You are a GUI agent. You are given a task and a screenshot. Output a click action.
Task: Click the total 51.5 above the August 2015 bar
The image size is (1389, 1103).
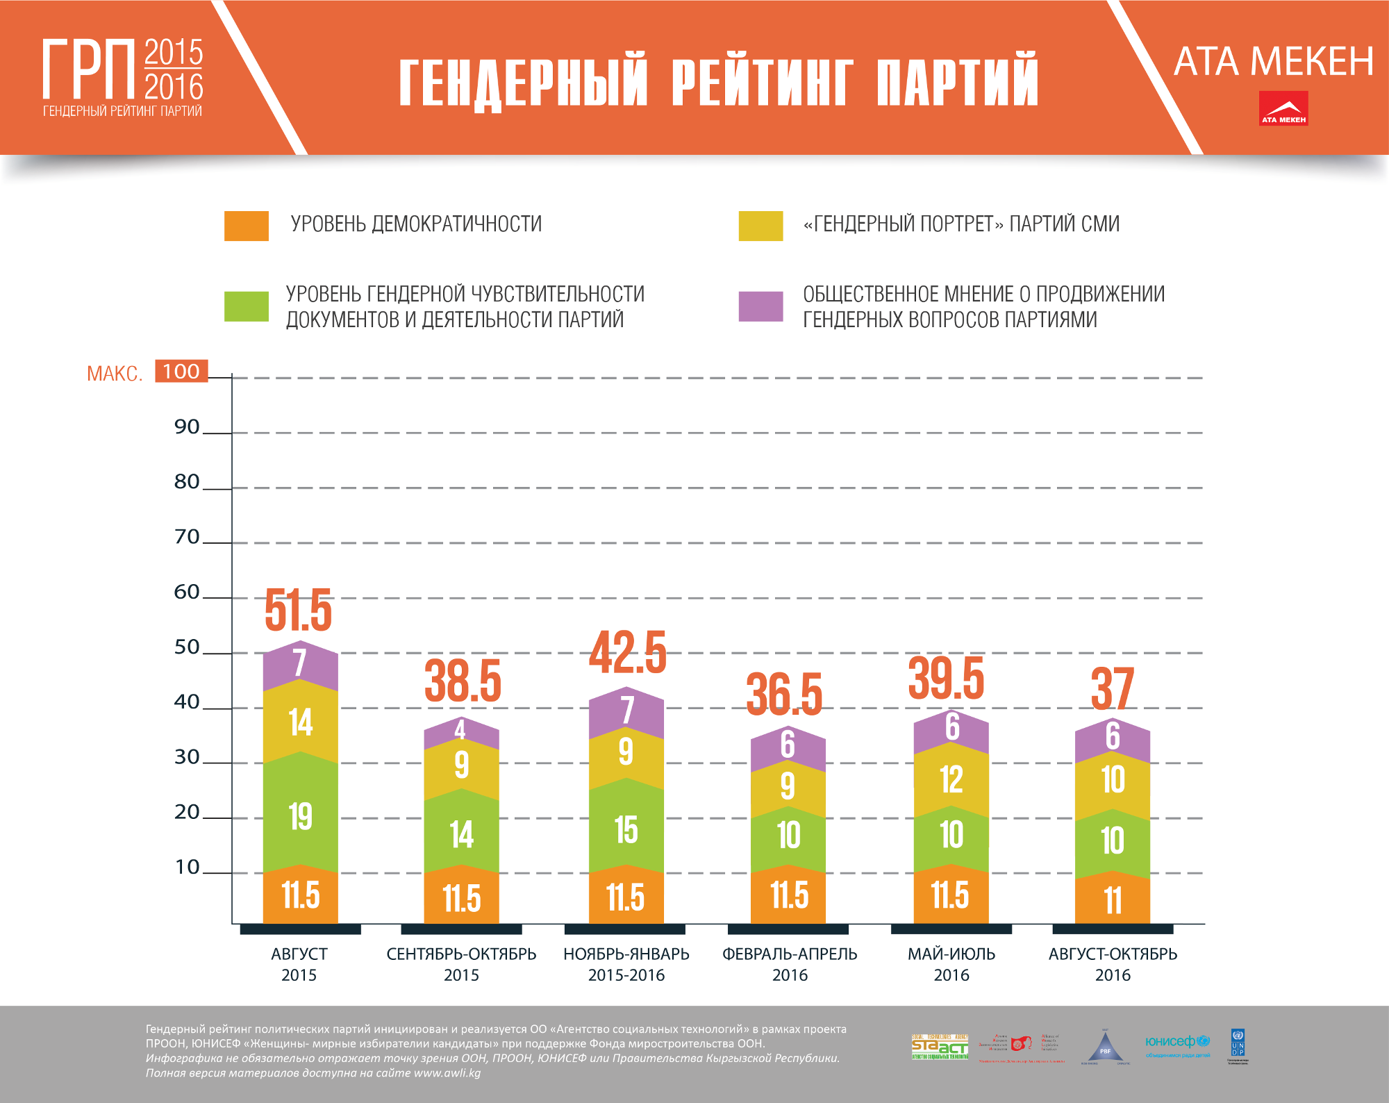[299, 610]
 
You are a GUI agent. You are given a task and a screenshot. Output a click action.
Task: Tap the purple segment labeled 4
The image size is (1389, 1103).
[460, 731]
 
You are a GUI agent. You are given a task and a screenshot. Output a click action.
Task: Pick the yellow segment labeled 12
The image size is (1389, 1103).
[951, 779]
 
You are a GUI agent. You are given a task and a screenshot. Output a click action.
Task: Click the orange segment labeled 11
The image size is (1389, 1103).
[1112, 900]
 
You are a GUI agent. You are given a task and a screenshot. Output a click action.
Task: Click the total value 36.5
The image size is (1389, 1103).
[785, 694]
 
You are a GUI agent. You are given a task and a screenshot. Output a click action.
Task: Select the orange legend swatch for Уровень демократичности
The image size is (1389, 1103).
[246, 226]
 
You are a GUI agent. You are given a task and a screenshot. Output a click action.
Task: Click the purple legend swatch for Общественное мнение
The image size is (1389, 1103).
[760, 306]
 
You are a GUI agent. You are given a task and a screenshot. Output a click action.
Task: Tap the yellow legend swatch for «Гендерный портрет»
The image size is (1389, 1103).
[760, 226]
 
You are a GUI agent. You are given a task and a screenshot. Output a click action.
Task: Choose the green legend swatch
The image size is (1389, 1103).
[246, 306]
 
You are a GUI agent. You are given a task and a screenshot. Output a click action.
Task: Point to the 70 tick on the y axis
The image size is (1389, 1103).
[187, 536]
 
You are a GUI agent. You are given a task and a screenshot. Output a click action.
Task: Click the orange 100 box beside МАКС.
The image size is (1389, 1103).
[181, 371]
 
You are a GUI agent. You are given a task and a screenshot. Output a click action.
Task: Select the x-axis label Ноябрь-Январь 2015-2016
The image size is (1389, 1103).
[626, 964]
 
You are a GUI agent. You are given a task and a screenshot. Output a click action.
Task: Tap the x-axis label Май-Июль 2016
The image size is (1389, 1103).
[951, 964]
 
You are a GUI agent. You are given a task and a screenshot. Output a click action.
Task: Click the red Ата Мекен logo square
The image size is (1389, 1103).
[1283, 108]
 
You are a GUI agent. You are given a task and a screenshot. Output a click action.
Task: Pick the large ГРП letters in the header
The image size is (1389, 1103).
[88, 69]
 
